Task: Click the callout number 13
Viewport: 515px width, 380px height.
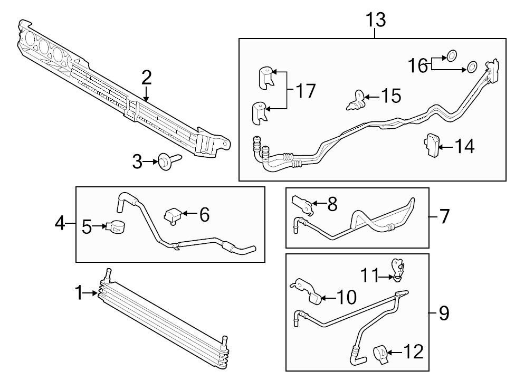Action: coord(376,20)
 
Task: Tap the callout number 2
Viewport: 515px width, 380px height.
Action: coord(146,78)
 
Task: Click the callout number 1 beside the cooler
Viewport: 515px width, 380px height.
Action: coord(79,292)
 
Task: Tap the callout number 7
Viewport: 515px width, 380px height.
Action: coord(444,216)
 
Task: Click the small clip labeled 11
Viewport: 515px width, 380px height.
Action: coord(396,269)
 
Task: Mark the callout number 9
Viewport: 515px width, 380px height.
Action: coord(444,313)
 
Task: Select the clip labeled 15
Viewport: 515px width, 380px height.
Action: coord(356,100)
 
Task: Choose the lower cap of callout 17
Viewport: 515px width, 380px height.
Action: coord(260,112)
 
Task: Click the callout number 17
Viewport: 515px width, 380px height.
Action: coord(304,91)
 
